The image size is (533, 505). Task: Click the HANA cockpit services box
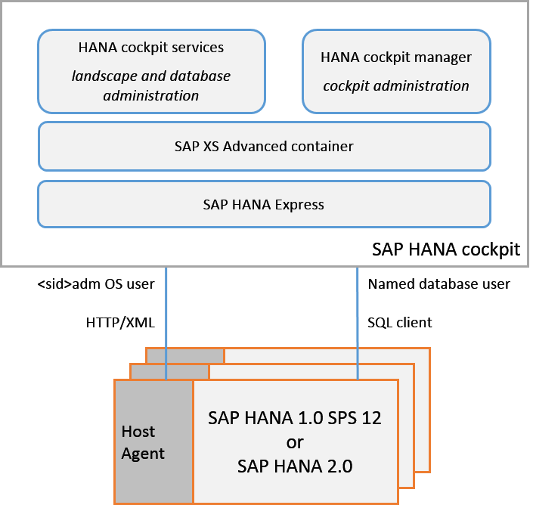click(151, 70)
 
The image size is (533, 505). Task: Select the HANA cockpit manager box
click(396, 70)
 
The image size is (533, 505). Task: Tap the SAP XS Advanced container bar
click(264, 146)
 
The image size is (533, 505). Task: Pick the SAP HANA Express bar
click(264, 204)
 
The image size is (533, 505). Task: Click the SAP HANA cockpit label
click(446, 249)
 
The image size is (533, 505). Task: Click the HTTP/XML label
click(120, 322)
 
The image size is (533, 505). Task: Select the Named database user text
click(438, 284)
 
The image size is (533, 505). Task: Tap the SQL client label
click(400, 322)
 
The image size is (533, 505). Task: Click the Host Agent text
click(143, 442)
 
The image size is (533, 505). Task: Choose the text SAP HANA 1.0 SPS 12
click(295, 418)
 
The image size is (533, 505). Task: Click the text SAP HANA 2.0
click(295, 466)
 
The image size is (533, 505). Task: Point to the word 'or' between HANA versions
click(295, 442)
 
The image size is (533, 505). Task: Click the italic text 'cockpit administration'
click(396, 85)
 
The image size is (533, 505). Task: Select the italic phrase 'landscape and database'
click(151, 76)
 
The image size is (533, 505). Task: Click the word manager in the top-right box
click(445, 57)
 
